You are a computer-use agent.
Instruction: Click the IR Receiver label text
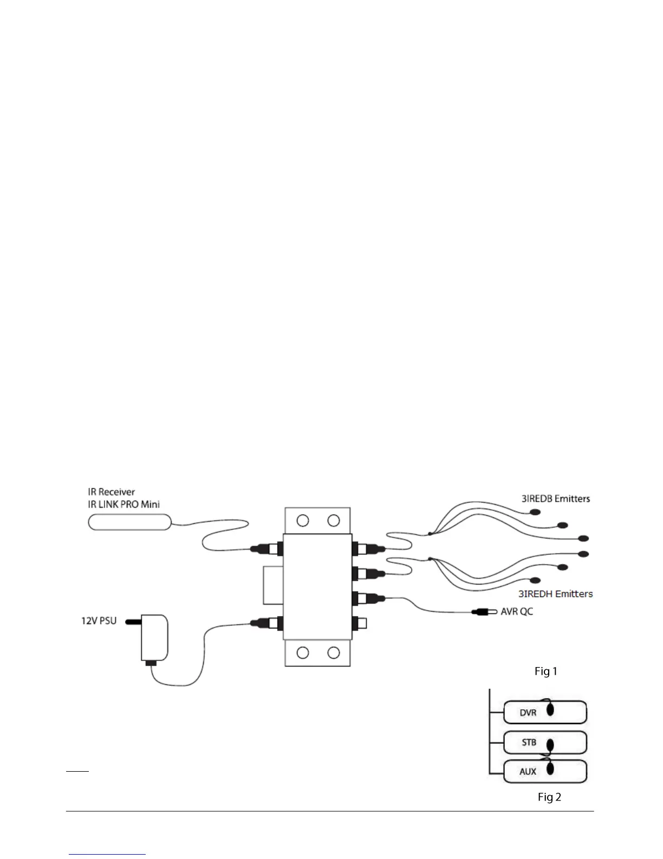[111, 492]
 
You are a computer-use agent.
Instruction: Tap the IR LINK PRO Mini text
[123, 504]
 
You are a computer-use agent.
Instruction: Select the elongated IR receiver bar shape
[129, 522]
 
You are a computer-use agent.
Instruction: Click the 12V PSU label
[95, 620]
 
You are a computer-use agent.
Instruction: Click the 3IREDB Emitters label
[555, 498]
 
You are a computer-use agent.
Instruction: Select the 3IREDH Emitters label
[557, 594]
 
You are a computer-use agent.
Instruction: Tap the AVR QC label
[517, 611]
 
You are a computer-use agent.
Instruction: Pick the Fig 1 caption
[545, 671]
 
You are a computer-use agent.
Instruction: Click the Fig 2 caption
[549, 797]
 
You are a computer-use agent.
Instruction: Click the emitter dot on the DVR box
[550, 710]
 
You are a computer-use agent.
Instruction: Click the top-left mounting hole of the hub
[303, 521]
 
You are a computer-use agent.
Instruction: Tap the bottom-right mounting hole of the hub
[334, 652]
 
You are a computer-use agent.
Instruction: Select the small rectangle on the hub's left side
[273, 585]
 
